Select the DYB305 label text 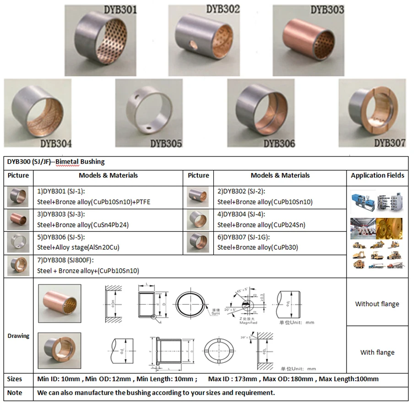[x=166, y=143]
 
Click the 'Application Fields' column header [x=377, y=175]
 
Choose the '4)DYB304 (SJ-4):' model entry [x=242, y=214]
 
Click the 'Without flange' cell [x=377, y=304]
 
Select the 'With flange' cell [x=377, y=352]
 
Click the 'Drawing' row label [x=18, y=336]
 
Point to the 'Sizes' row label [x=15, y=379]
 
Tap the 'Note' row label [x=15, y=393]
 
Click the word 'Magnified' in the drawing [x=248, y=323]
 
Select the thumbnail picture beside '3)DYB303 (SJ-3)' [x=18, y=220]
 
